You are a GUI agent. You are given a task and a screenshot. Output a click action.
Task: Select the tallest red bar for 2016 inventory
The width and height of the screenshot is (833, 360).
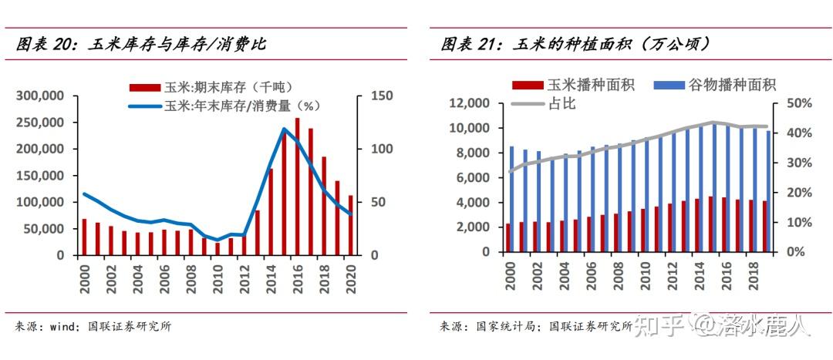(x=298, y=186)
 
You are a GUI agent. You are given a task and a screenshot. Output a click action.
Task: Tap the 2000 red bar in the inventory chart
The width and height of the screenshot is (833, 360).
(x=85, y=237)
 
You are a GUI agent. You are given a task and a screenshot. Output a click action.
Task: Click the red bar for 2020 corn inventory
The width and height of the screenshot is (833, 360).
(x=351, y=225)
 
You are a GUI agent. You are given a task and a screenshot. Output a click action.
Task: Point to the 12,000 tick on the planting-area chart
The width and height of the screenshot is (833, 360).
(x=470, y=103)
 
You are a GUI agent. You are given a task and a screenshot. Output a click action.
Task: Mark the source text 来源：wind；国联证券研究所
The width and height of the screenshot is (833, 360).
(x=93, y=327)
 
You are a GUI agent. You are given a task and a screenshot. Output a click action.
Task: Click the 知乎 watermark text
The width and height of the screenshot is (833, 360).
(x=659, y=327)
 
